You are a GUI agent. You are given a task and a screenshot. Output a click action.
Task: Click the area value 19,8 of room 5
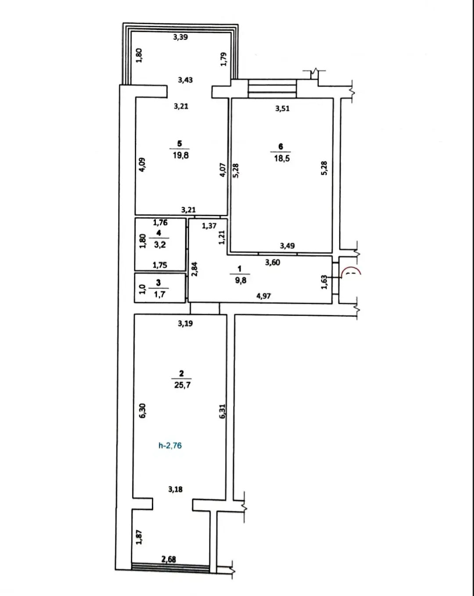181,155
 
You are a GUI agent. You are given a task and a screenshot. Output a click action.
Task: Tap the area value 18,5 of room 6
282,158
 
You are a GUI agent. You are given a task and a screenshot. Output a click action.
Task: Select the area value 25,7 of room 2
182,385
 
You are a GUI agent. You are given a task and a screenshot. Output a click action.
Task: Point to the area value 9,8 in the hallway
241,280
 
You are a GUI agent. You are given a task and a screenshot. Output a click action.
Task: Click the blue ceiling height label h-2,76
170,445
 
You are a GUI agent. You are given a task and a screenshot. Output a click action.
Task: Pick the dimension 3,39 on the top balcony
180,37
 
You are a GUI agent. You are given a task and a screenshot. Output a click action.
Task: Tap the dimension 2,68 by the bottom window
169,560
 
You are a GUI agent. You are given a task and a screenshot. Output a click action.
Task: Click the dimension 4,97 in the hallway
263,296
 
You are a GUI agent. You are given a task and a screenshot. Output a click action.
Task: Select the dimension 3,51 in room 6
282,108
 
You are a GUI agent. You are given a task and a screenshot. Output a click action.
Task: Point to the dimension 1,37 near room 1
209,226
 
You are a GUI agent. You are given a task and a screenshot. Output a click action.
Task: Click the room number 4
158,233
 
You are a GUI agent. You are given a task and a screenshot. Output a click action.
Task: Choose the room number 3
158,282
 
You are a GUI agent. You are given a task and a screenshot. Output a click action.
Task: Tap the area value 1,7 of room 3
159,294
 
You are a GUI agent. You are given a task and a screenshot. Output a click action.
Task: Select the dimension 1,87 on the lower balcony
139,537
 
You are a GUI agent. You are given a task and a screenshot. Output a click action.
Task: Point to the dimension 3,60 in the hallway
273,262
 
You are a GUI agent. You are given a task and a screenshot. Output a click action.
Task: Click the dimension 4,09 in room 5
141,165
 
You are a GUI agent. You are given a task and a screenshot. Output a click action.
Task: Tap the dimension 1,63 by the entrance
324,282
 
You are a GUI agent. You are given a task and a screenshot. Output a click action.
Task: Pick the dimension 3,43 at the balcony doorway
185,80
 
